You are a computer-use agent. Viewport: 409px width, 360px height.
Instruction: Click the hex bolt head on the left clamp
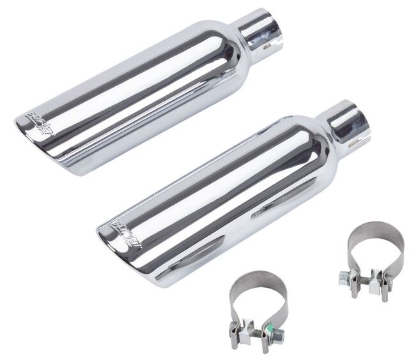pyautogui.click(x=236, y=331)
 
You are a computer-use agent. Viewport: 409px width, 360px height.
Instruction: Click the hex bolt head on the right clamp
pyautogui.click(x=344, y=276)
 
